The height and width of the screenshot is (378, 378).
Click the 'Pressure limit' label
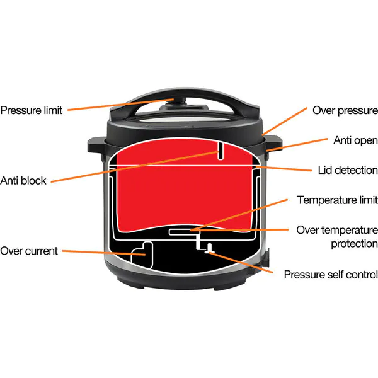(x=31, y=111)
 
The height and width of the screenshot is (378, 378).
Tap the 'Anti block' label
(x=23, y=181)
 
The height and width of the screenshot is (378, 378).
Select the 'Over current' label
(x=29, y=251)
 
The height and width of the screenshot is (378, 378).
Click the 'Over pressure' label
(x=345, y=110)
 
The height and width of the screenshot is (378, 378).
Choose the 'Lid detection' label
(x=346, y=170)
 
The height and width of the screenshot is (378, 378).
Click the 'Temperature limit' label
(x=337, y=200)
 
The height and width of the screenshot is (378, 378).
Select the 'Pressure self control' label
(x=331, y=275)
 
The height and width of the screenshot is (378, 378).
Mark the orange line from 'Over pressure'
(x=287, y=122)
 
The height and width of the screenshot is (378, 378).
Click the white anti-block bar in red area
(x=220, y=151)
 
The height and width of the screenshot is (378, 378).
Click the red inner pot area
(x=176, y=189)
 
